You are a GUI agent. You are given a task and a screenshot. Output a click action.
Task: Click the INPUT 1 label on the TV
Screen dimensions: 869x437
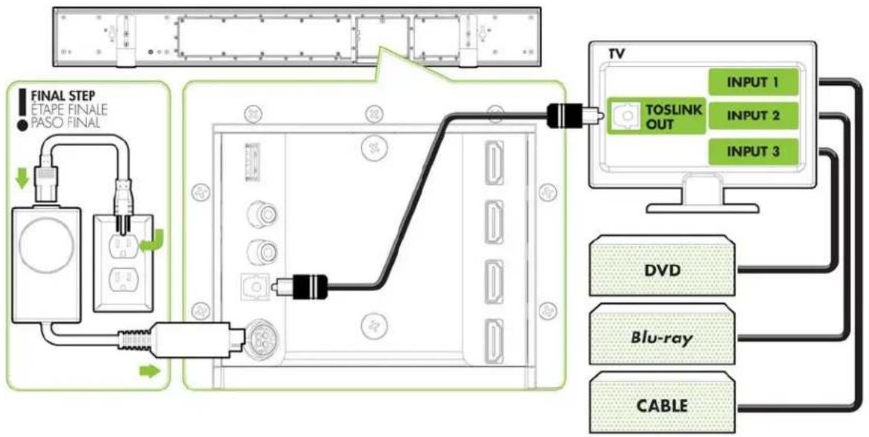[x=753, y=83]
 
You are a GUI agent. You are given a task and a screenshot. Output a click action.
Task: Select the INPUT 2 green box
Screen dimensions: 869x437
[x=753, y=115]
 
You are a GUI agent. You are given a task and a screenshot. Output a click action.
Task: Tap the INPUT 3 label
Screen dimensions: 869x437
[x=753, y=151]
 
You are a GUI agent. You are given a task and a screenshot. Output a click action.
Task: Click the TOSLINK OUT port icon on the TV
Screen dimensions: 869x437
[x=625, y=116]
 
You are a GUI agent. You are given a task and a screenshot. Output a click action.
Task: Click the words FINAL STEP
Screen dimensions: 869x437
[x=62, y=97]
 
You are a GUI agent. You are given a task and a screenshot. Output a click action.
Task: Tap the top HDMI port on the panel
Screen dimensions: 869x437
[x=494, y=163]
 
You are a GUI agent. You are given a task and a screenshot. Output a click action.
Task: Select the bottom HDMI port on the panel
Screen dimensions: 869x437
[x=494, y=342]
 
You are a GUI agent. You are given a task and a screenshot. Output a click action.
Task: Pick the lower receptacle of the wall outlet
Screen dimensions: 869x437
[x=123, y=280]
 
